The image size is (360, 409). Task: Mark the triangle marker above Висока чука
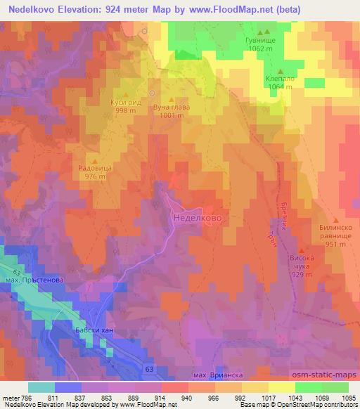tap(302, 249)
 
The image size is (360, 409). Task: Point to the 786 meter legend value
tap(20, 397)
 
